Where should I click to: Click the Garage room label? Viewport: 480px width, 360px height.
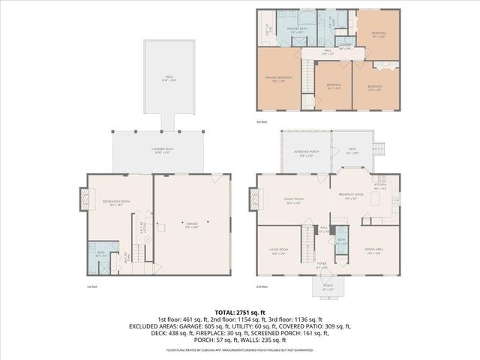[x=182, y=224]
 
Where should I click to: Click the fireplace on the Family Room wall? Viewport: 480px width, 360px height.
[x=253, y=199]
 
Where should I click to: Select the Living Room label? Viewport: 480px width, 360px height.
[x=280, y=253]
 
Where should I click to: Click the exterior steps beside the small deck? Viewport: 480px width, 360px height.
[x=380, y=147]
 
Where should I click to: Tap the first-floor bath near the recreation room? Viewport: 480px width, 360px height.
[x=100, y=254]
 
